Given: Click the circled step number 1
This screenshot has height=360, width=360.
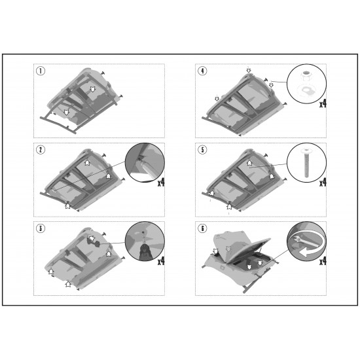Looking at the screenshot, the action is (41, 71).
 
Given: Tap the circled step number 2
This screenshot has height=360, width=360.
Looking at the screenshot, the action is (41, 150).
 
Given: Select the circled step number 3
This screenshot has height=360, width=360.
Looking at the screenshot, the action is (41, 228).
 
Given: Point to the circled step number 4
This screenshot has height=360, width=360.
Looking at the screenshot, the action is (202, 71).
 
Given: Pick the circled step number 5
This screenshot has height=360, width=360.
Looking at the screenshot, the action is (202, 150).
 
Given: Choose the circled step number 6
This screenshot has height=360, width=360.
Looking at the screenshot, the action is (202, 228).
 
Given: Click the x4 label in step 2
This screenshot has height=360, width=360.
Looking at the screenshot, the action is (161, 183).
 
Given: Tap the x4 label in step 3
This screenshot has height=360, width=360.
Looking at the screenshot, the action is (161, 261).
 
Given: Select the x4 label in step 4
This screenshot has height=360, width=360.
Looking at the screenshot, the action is (323, 104).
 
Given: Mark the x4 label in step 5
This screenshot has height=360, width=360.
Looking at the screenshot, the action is (323, 183).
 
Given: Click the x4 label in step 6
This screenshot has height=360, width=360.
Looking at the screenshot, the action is (323, 261).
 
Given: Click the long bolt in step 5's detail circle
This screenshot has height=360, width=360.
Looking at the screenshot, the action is (306, 163).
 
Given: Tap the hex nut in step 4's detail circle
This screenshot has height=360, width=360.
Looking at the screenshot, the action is (306, 75).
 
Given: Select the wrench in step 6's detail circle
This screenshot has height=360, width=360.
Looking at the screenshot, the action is (304, 242).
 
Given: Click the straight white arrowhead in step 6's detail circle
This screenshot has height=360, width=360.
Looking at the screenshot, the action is (304, 253).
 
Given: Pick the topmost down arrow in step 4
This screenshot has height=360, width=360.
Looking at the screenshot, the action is (249, 69).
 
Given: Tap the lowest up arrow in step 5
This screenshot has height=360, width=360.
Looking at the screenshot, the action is (228, 206).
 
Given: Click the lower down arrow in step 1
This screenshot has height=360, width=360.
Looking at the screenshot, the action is (66, 112).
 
